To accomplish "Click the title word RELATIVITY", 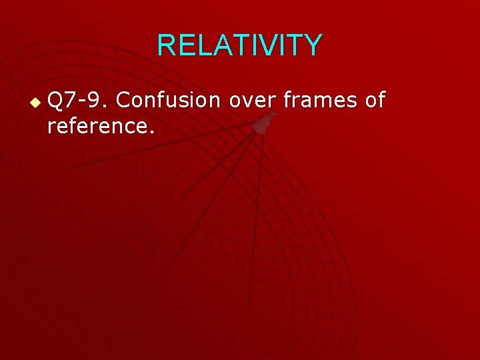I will [240, 45].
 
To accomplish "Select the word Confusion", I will [171, 101].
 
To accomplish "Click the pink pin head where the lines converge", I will [265, 123].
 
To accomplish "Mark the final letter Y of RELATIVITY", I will [313, 45].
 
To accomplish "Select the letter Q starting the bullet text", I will [56, 101].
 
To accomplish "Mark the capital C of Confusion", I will [123, 101].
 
